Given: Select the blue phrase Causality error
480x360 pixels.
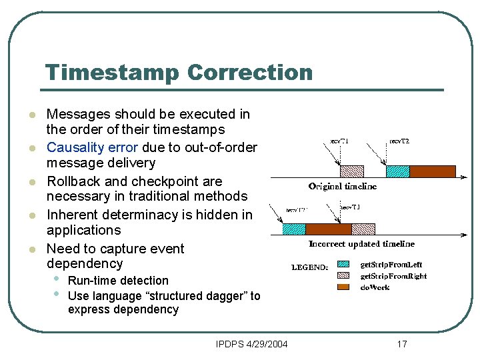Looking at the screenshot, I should point(92,147).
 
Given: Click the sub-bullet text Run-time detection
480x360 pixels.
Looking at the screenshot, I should point(118,281).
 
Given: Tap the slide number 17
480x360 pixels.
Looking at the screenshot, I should point(401,344).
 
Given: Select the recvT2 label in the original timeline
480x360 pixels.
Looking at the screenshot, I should point(399,141).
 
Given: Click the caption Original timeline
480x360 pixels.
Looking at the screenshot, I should point(342,186).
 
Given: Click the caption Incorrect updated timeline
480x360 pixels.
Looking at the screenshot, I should point(361,244).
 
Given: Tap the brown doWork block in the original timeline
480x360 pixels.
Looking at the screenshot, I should point(432,171).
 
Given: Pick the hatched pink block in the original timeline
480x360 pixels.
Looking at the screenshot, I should point(351,171).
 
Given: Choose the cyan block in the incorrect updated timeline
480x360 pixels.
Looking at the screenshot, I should point(293,229).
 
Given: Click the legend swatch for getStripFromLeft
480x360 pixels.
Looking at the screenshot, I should point(343,265).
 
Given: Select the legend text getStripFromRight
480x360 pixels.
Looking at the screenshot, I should point(393,276).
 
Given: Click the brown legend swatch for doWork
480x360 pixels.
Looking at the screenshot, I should point(343,287).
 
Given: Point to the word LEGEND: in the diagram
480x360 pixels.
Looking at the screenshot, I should point(309,268).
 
